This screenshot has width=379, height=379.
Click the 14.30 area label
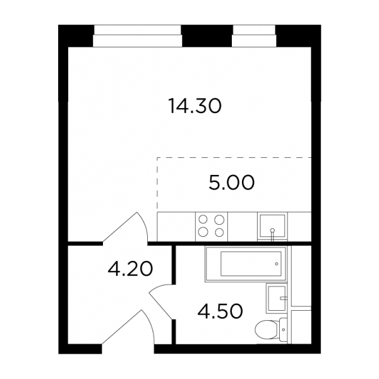(x=195, y=106)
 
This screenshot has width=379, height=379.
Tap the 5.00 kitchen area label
(x=232, y=183)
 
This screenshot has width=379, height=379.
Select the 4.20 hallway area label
(x=130, y=269)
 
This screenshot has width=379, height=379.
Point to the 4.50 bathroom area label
(x=220, y=311)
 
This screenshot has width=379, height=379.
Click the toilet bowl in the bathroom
(x=267, y=330)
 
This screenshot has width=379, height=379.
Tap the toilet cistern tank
(x=283, y=330)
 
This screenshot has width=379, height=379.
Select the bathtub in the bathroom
(x=246, y=264)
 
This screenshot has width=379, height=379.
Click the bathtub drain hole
(x=277, y=264)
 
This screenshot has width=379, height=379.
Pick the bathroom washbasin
(x=277, y=298)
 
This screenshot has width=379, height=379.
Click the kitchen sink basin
(x=272, y=226)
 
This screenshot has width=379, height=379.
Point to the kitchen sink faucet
(x=272, y=234)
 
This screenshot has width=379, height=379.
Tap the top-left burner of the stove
(x=203, y=219)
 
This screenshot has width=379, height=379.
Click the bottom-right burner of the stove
(x=219, y=232)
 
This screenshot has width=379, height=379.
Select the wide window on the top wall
(x=138, y=36)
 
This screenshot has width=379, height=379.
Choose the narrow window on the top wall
(x=254, y=36)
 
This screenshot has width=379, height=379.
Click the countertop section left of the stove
(x=176, y=227)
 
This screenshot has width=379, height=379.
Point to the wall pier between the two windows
(x=207, y=36)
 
